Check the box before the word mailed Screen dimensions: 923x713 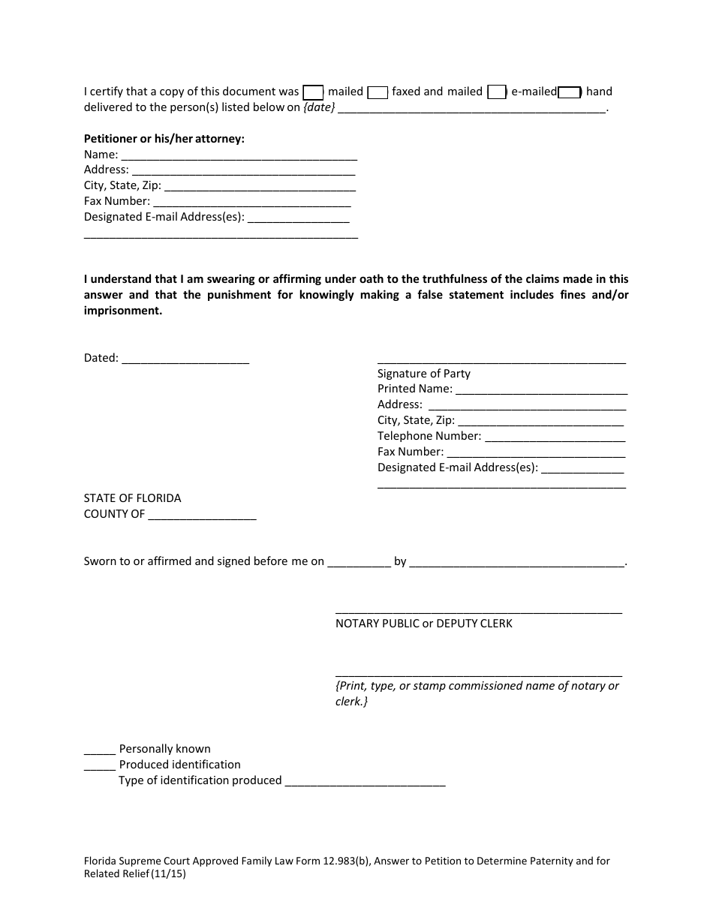tap(313, 92)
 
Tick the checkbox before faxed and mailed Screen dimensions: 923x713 tap(378, 92)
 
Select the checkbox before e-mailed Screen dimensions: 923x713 tap(496, 92)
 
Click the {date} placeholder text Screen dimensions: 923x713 tap(319, 107)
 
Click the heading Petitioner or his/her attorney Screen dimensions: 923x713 tap(164, 139)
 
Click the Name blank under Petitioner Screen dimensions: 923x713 tap(239, 155)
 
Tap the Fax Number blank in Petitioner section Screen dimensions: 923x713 tap(252, 202)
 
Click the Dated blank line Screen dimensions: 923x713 tap(185, 359)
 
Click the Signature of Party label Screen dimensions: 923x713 tap(424, 374)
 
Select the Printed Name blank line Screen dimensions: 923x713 tap(541, 389)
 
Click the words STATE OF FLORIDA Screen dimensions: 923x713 tap(132, 498)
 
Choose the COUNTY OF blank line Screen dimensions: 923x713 tap(203, 515)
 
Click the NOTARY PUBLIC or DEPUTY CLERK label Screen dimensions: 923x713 tap(424, 624)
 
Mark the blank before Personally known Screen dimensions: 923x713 tap(100, 749)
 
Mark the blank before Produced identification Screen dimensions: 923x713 tap(100, 765)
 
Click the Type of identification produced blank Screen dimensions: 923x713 tap(366, 781)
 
